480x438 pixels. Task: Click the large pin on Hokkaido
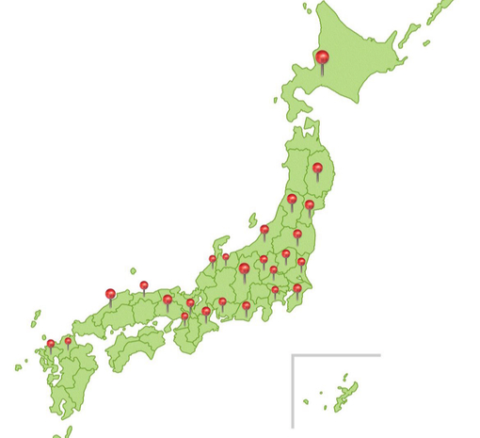(x=323, y=58)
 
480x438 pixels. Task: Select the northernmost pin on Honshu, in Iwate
(x=318, y=169)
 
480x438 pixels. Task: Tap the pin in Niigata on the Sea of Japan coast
(x=264, y=229)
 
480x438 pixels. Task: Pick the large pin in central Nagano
(x=244, y=269)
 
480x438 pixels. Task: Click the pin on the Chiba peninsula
(x=297, y=288)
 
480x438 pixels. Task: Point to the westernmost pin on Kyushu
(x=51, y=344)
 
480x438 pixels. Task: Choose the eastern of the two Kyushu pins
(x=68, y=341)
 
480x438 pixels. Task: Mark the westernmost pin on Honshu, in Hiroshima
(x=110, y=294)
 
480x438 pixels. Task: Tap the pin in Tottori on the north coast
(x=144, y=284)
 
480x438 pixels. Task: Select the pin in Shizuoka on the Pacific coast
(x=247, y=305)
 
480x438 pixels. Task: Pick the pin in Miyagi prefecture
(x=309, y=204)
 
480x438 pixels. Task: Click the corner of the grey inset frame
(x=293, y=356)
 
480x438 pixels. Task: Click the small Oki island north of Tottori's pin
(x=133, y=271)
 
